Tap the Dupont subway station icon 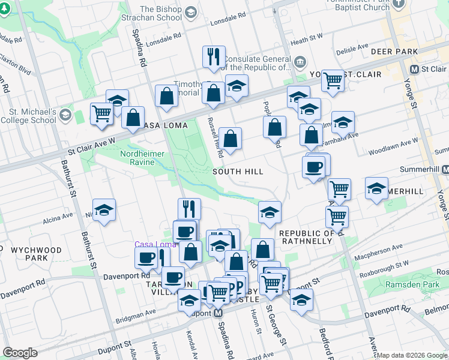(218, 313)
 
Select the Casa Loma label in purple (155, 244)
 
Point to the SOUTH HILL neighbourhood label (238, 172)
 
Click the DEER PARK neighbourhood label (394, 52)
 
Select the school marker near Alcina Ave (104, 210)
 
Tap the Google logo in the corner (20, 353)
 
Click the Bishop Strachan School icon (190, 12)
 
